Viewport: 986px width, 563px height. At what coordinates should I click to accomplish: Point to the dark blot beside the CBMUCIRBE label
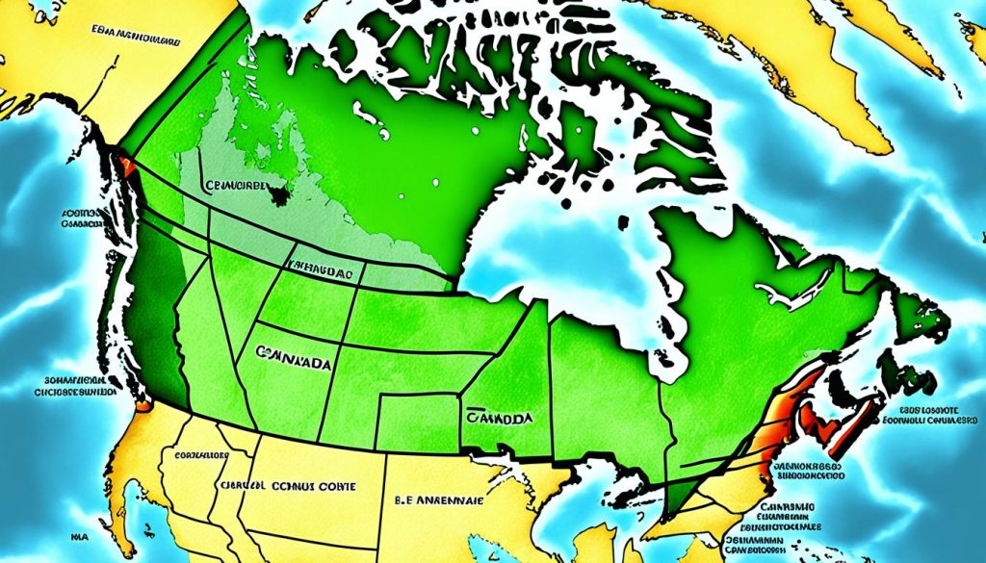(x=280, y=195)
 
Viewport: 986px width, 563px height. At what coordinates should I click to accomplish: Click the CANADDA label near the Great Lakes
(x=501, y=420)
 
